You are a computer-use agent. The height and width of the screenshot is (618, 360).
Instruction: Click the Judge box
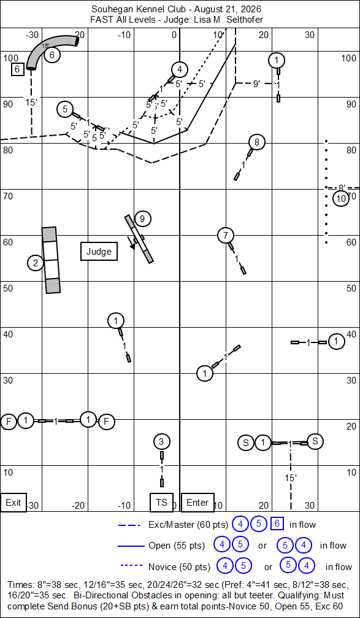click(99, 252)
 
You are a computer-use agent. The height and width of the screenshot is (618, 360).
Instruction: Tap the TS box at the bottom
click(161, 502)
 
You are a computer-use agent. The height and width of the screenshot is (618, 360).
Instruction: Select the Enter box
click(197, 502)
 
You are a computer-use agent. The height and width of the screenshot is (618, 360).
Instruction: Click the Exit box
click(13, 503)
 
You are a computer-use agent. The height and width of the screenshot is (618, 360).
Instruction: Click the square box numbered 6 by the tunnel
click(17, 69)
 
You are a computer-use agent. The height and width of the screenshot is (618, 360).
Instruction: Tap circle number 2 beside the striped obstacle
click(36, 263)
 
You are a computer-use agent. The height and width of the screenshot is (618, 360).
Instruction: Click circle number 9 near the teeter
click(142, 218)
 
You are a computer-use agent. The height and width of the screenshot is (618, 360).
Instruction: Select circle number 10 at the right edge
click(341, 199)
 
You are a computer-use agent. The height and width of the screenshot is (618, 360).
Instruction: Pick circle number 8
click(257, 142)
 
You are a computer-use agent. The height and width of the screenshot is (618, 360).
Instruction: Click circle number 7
click(225, 236)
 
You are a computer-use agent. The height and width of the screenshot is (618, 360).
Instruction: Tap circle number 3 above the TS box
click(161, 441)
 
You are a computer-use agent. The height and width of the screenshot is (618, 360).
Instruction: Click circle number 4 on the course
click(180, 70)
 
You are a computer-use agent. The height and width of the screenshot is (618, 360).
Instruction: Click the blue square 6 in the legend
click(277, 524)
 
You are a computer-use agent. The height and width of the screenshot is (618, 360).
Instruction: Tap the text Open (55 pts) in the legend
click(177, 546)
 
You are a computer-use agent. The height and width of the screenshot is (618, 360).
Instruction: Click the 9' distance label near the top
click(256, 83)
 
